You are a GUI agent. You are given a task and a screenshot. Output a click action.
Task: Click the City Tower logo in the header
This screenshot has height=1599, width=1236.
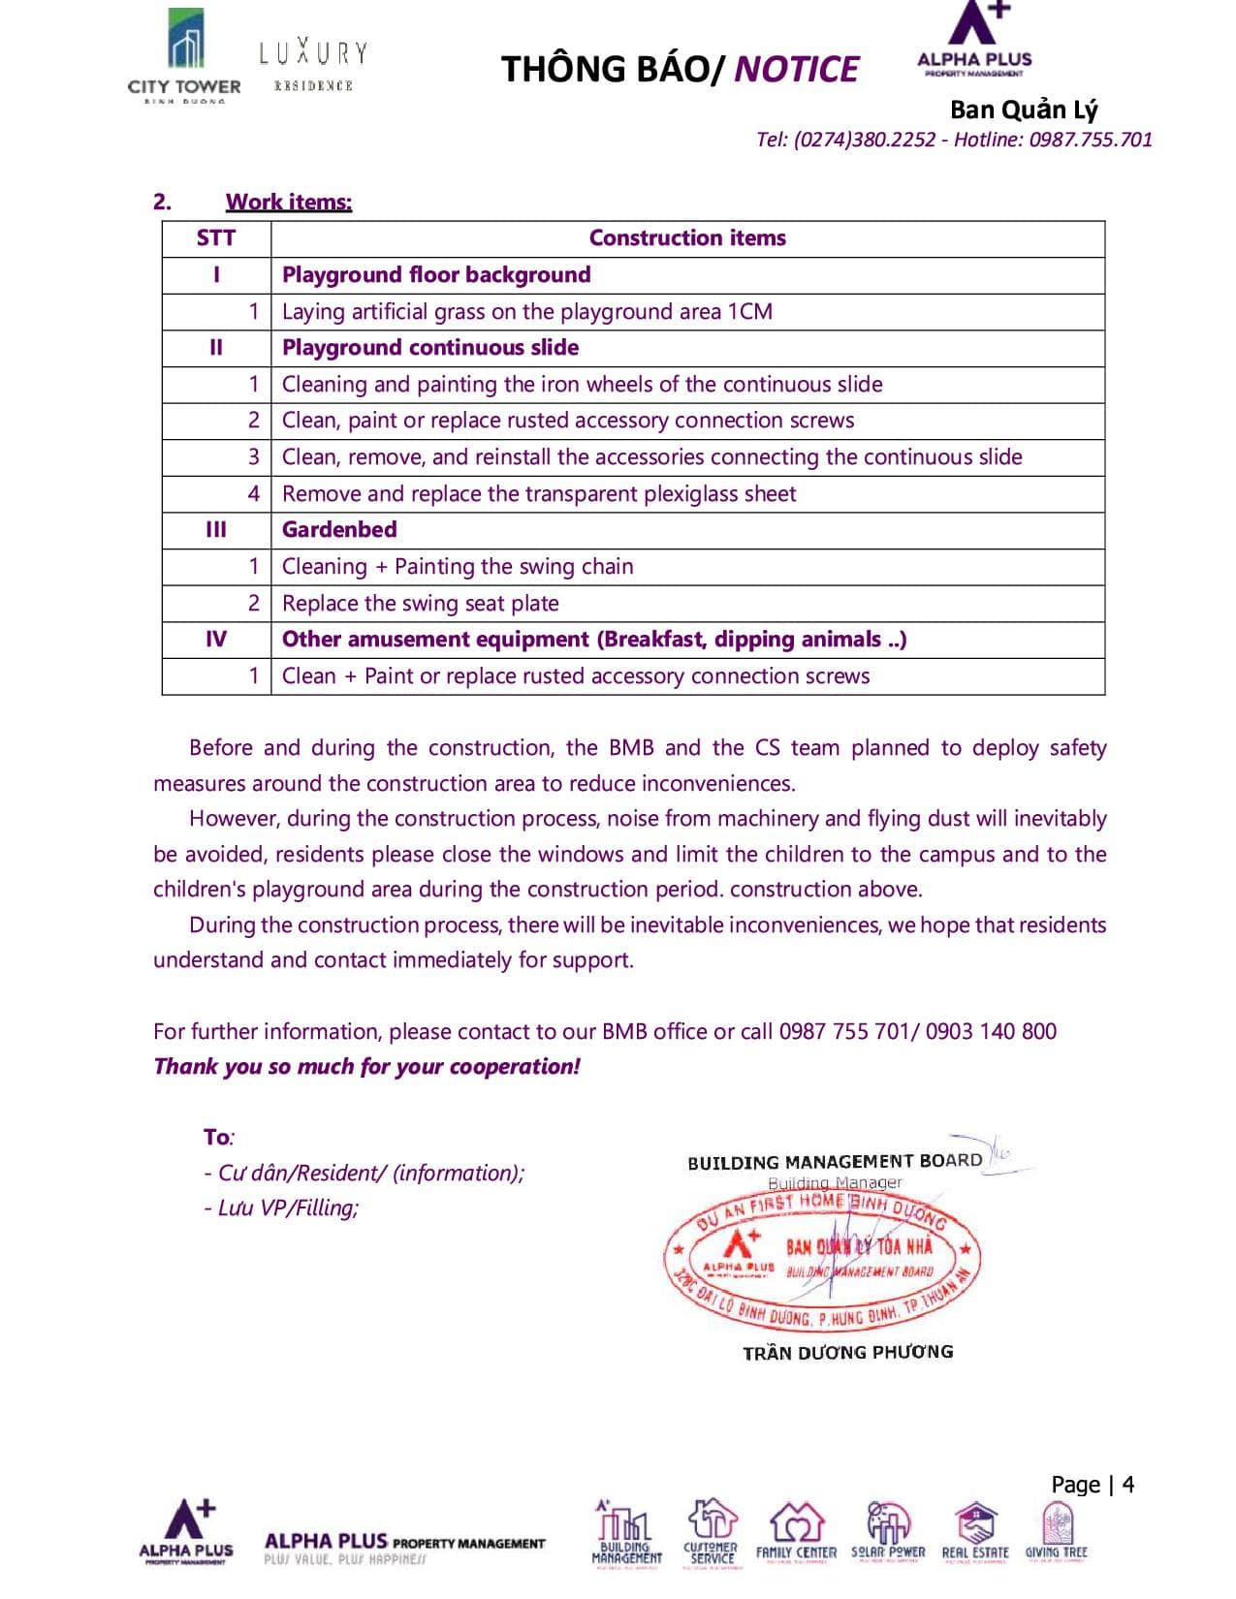(184, 56)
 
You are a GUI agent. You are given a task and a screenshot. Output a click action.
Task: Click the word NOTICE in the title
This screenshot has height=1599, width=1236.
(796, 70)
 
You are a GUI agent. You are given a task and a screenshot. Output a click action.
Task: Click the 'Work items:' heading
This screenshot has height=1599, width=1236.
(289, 202)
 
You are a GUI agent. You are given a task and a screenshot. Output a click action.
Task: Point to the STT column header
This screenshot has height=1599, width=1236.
(216, 238)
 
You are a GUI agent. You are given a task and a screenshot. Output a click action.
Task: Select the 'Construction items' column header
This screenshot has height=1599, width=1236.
(687, 238)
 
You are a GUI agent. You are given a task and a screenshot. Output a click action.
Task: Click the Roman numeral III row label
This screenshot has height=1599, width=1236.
(216, 530)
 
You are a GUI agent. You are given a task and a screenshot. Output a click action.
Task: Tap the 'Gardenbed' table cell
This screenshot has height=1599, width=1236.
(339, 530)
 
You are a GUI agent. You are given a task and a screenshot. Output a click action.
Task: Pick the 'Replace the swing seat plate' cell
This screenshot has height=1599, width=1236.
(420, 604)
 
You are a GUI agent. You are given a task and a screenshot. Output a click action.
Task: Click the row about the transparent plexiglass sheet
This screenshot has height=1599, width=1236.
(539, 494)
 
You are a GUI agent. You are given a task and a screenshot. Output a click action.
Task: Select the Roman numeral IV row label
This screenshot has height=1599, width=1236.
(216, 640)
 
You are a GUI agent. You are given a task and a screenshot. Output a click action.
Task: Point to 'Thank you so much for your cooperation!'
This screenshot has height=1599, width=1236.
(366, 1067)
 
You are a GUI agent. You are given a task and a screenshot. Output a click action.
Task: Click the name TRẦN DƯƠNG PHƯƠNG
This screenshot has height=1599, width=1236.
(848, 1352)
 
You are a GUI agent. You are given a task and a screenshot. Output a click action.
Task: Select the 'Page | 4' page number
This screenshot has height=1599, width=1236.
(1093, 1485)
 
